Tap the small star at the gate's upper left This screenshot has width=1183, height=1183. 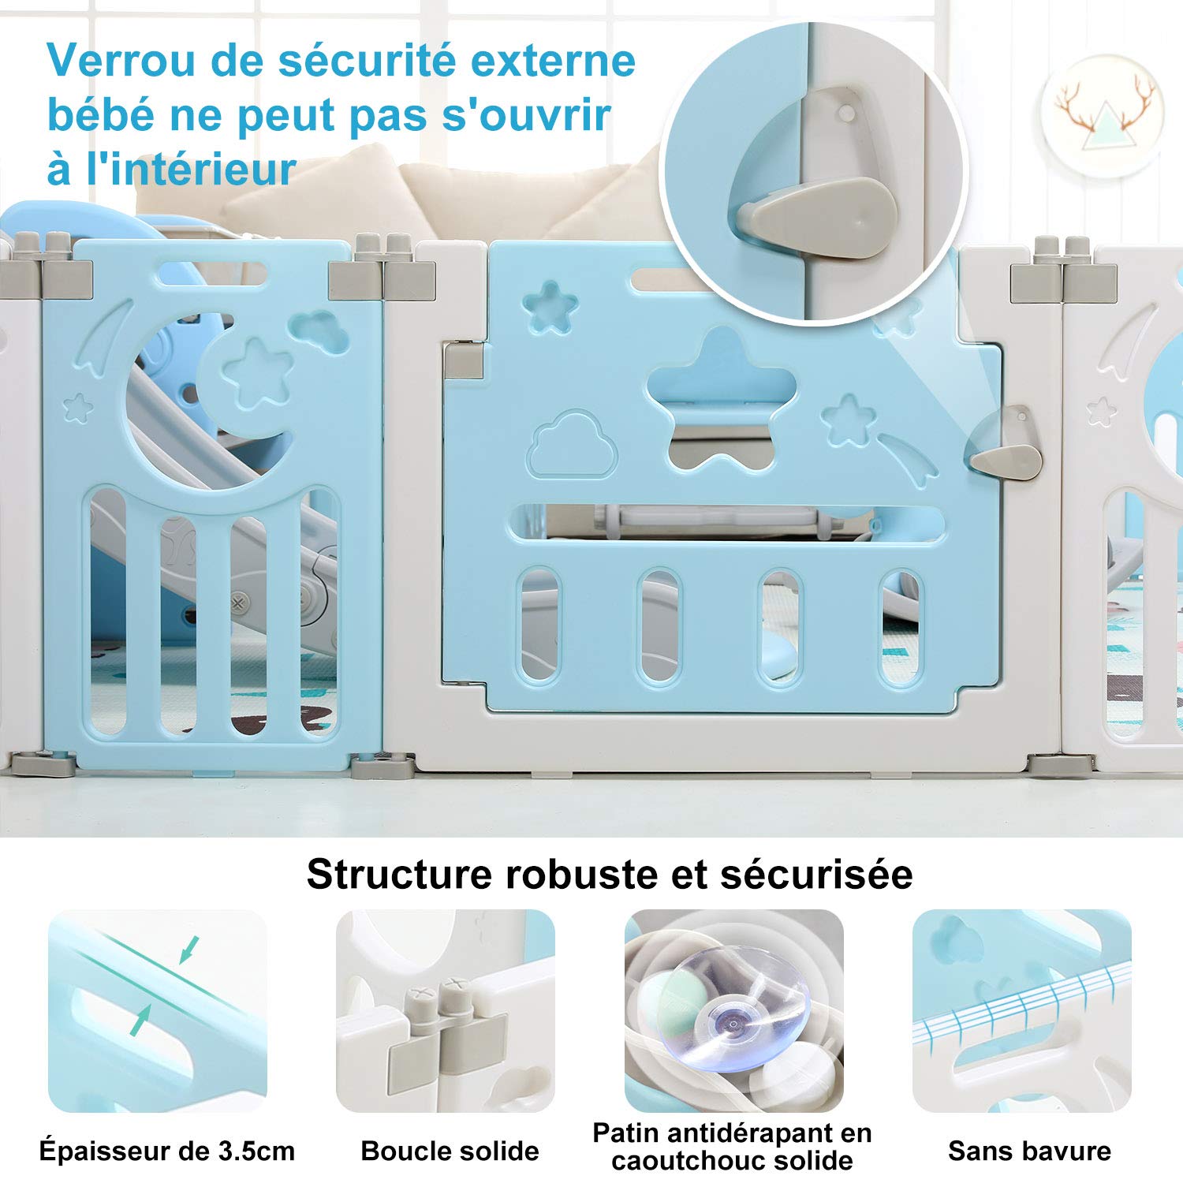[550, 308]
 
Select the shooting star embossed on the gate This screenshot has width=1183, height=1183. [907, 456]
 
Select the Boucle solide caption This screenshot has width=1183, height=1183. [450, 1151]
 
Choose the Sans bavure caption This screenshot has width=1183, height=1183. [1029, 1151]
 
